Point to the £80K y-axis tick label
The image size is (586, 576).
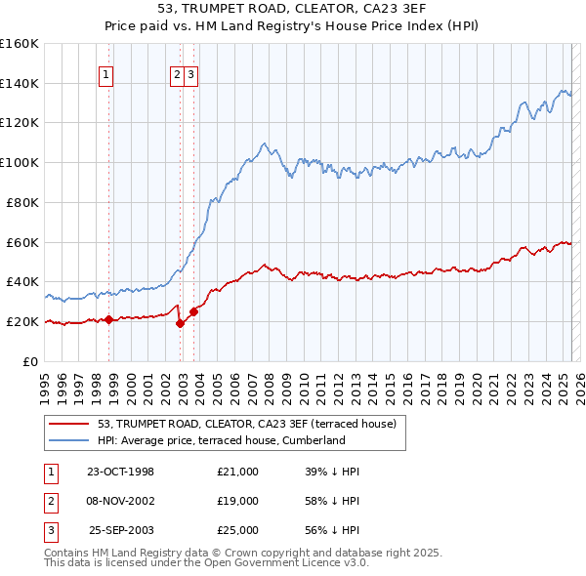click(22, 202)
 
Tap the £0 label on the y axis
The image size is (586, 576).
click(31, 361)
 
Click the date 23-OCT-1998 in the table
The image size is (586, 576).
click(121, 472)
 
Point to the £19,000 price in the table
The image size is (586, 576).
click(238, 501)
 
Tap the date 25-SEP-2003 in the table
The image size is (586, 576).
click(121, 530)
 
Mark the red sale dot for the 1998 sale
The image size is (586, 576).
click(108, 319)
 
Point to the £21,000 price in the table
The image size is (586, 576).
click(238, 472)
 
